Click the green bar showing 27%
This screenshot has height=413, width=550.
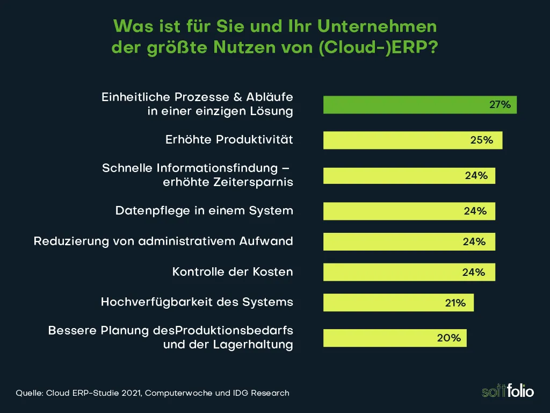click(x=419, y=105)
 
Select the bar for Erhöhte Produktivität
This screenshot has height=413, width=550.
click(x=412, y=140)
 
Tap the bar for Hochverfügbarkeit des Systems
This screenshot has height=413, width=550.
click(x=398, y=303)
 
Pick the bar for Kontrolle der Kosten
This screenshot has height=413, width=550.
click(x=409, y=272)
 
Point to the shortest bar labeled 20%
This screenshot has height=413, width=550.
click(x=395, y=338)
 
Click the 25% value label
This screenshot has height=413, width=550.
click(x=481, y=140)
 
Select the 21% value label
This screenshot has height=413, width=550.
click(x=455, y=303)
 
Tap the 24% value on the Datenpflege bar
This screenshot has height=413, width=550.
click(x=475, y=211)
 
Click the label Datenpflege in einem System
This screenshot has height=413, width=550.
click(x=204, y=211)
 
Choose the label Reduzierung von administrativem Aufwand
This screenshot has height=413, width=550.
click(x=163, y=241)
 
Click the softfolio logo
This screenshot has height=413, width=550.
click(x=508, y=390)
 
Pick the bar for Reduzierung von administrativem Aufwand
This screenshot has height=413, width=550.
click(x=409, y=242)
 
